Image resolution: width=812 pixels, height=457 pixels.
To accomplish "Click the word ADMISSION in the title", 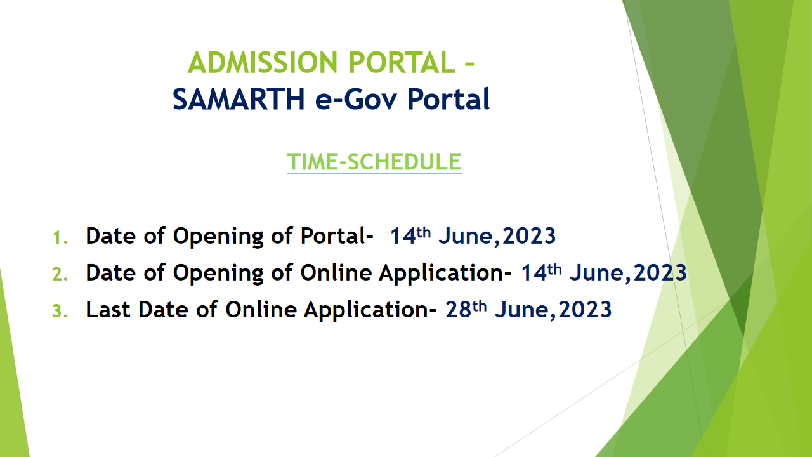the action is [x=263, y=62].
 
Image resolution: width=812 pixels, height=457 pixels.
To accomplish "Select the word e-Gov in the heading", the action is [x=357, y=99].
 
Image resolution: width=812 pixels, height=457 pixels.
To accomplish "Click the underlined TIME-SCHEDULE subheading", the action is [x=374, y=162].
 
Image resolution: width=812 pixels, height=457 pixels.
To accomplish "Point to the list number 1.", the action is [x=60, y=238].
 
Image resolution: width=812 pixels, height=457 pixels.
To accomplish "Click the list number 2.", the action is [x=60, y=275].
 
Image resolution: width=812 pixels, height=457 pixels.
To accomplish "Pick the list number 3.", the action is [x=60, y=311].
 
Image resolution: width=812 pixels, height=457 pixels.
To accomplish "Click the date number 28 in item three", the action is [x=458, y=310].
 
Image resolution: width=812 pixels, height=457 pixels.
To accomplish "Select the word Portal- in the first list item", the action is [x=337, y=236].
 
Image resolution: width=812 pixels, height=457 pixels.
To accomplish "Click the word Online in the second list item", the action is [x=336, y=273].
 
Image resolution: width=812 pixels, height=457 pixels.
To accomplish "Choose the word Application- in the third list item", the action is [x=370, y=310].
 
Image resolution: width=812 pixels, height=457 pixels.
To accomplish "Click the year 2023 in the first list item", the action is [x=529, y=236].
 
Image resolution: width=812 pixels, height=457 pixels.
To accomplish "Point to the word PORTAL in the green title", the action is [x=402, y=62].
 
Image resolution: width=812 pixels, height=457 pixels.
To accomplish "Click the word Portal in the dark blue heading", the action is [x=449, y=99].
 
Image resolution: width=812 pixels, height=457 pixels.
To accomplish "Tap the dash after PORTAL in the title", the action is [x=469, y=64].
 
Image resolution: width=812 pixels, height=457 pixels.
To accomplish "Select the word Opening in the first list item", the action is [x=218, y=237].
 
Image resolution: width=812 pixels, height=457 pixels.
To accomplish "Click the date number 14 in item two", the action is [x=534, y=273].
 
